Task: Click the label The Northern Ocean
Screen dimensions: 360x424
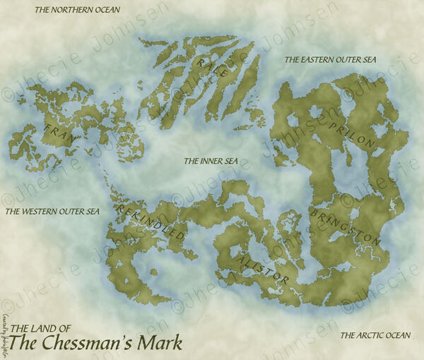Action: pyautogui.click(x=77, y=11)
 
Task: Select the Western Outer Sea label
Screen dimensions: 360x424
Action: pyautogui.click(x=52, y=211)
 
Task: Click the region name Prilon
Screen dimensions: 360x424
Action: pyautogui.click(x=351, y=133)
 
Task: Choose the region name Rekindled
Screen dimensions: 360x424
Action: pyautogui.click(x=152, y=223)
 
